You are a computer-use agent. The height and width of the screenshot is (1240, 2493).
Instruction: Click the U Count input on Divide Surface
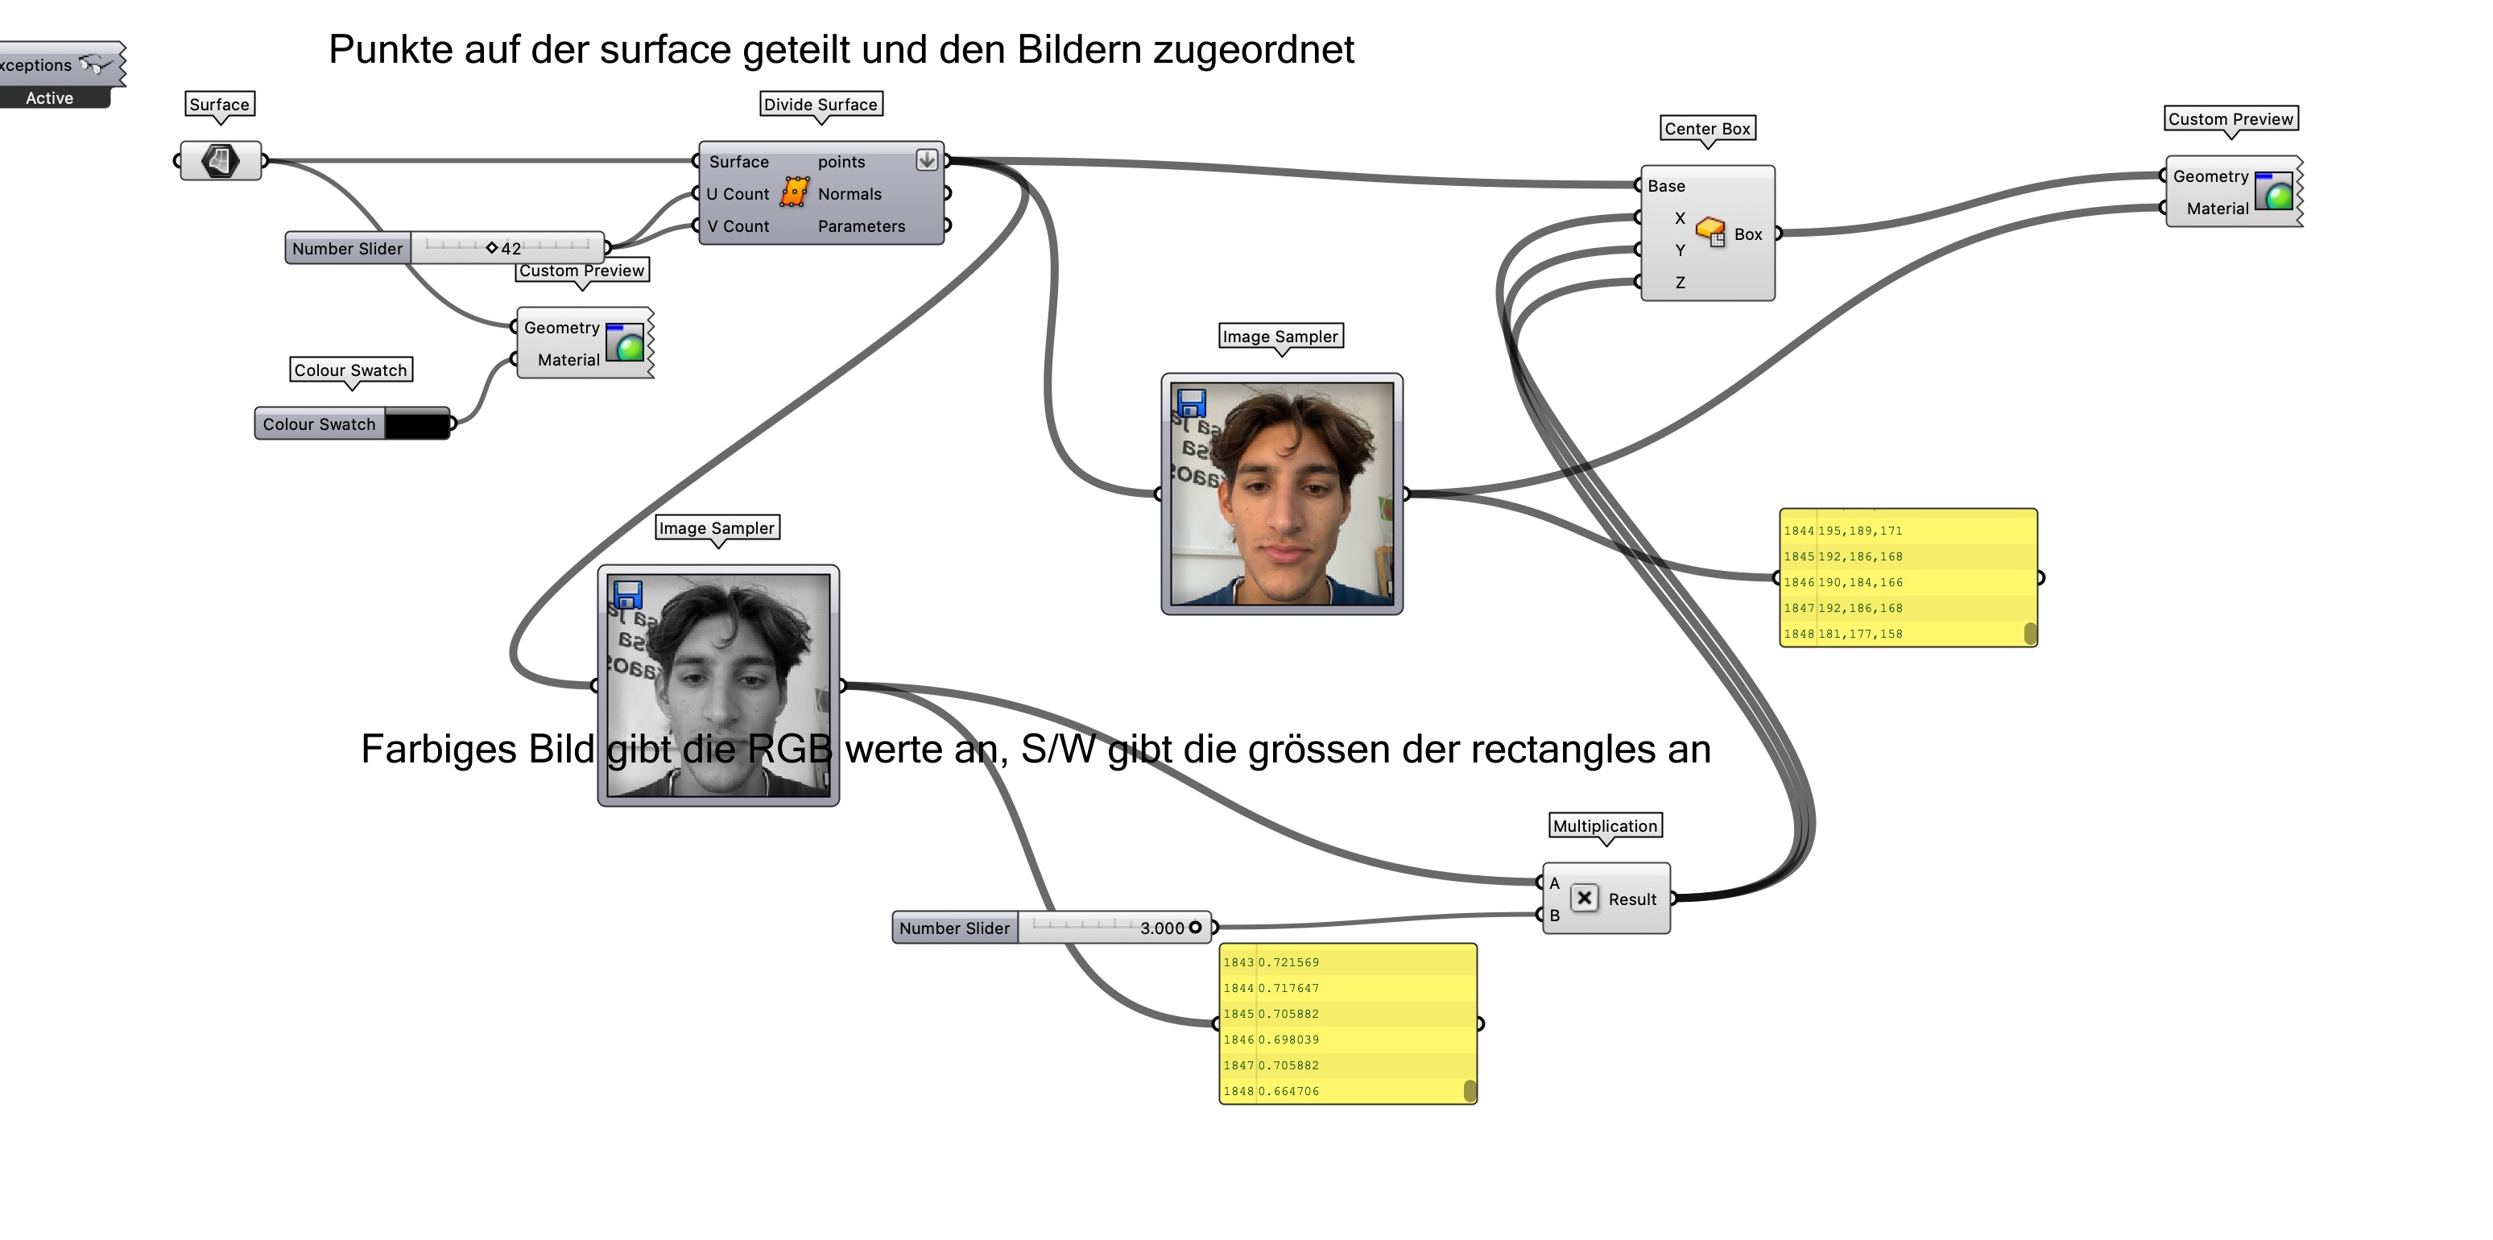737,193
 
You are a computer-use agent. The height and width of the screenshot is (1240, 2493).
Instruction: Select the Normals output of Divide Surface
849,193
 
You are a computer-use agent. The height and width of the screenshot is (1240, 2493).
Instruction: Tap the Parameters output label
860,226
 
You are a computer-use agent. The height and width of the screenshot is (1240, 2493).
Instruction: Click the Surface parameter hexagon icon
221,161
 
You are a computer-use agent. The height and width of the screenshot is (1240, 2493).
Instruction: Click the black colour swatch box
417,424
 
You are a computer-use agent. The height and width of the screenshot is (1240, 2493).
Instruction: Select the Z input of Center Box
1679,283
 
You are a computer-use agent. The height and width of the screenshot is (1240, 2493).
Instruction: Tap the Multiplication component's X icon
1584,899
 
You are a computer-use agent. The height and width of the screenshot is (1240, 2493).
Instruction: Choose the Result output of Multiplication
1631,899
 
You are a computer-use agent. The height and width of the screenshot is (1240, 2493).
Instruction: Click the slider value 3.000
1161,928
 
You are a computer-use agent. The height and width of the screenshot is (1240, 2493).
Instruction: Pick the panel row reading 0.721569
1288,962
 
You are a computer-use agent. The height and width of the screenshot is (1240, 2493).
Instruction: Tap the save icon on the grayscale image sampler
628,594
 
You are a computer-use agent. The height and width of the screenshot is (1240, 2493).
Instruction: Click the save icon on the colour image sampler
1191,403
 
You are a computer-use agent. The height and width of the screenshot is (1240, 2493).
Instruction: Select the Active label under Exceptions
49,97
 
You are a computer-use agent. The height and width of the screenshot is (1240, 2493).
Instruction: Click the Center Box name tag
1707,129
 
